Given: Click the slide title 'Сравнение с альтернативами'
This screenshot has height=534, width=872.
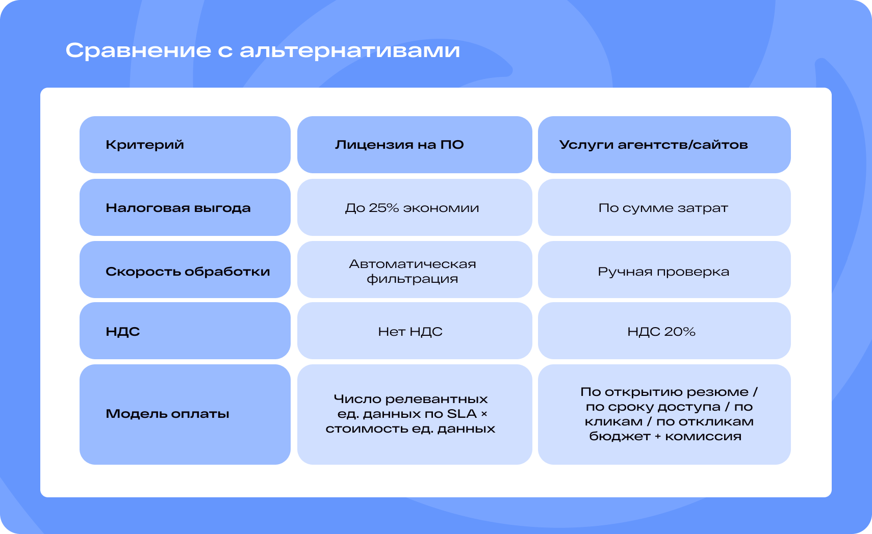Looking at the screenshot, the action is point(263,50).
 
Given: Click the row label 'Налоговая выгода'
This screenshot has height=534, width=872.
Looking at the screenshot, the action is point(178,208).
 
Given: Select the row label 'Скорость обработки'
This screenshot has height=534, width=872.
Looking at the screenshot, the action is point(188,271).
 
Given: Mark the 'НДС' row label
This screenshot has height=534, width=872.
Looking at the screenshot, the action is point(122,331).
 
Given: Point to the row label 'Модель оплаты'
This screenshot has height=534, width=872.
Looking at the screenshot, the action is point(167,413).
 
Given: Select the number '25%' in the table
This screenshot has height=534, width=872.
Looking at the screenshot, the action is point(384,208).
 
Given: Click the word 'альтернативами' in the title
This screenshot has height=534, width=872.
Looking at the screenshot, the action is point(350,50).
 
